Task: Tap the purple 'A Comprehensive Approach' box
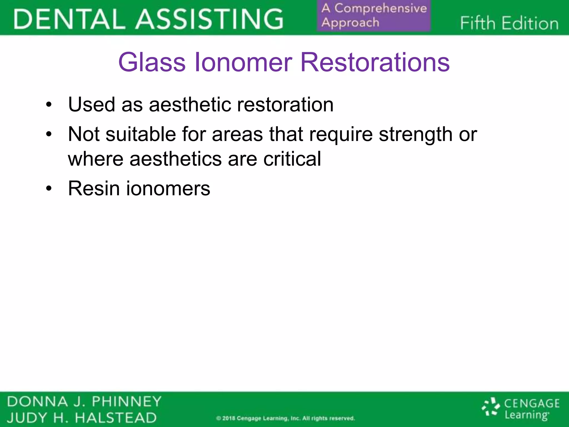coord(374,16)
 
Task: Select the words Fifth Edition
coord(509,23)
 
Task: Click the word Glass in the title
coord(152,62)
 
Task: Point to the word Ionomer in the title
coord(243,62)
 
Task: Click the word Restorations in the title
coord(375,62)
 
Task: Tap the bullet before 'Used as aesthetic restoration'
coord(49,105)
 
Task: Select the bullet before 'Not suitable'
coord(49,135)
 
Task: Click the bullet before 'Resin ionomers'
coord(49,189)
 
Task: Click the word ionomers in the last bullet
coord(168,189)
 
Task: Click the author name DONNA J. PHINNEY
coord(84,402)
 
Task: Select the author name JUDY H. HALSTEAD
coord(82,418)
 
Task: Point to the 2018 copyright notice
coord(286,418)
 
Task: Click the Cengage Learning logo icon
coord(491,407)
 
